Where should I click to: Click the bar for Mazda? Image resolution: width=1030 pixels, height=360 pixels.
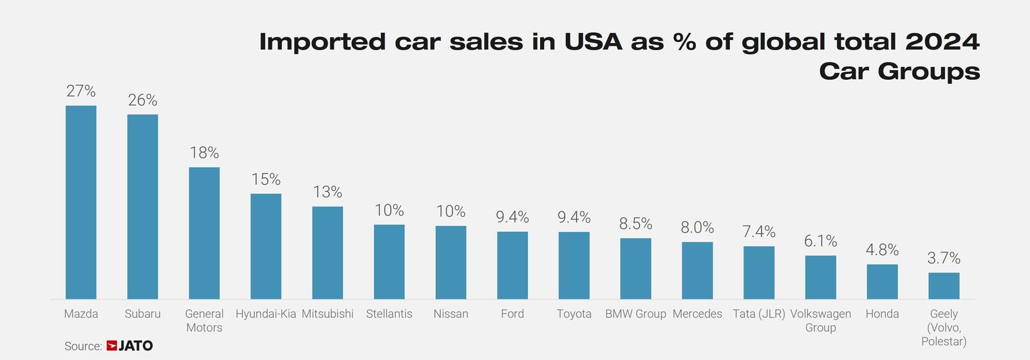click(x=81, y=202)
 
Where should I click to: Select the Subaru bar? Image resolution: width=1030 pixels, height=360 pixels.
click(x=142, y=207)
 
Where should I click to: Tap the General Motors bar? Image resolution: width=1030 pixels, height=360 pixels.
click(x=204, y=233)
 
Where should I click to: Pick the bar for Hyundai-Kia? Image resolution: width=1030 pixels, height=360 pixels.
click(x=266, y=247)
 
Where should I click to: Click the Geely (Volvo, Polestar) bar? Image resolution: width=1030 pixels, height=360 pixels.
click(x=944, y=286)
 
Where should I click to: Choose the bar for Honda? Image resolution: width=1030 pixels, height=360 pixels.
click(x=883, y=282)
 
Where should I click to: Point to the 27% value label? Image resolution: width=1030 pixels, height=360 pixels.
click(x=81, y=91)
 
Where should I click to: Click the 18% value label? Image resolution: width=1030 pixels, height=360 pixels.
click(x=204, y=153)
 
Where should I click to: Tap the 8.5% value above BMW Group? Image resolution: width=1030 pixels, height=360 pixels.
click(x=635, y=224)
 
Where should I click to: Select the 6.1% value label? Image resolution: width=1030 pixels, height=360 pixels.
click(x=821, y=241)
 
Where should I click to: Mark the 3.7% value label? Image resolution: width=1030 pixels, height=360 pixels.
click(x=944, y=258)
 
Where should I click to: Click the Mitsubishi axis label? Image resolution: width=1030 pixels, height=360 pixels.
click(x=328, y=314)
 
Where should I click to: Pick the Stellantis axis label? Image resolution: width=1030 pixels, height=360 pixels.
click(x=389, y=314)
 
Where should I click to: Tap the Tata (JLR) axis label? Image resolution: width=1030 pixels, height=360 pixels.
click(x=759, y=314)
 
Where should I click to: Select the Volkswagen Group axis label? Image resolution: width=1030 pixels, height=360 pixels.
click(x=821, y=321)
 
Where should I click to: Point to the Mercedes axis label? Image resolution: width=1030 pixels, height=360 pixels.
click(x=697, y=314)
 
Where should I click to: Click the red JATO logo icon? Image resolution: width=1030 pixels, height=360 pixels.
click(x=112, y=346)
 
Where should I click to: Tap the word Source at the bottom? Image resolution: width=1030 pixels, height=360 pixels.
click(x=83, y=346)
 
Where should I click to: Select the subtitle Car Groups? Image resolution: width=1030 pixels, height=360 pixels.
click(x=899, y=71)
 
